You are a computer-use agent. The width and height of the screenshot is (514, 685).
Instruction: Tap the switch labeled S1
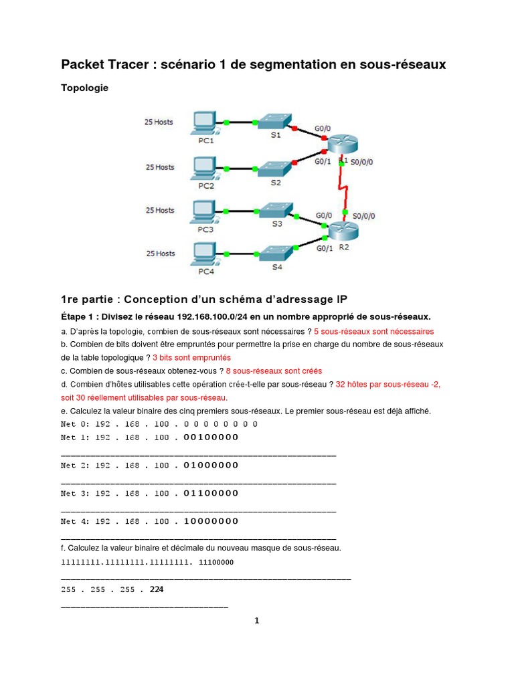(x=275, y=121)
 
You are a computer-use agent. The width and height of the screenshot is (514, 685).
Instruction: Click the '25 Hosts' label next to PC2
(x=160, y=167)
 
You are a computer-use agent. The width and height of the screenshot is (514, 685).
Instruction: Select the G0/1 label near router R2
(x=325, y=247)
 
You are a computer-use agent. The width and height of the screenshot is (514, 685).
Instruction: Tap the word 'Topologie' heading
(x=84, y=88)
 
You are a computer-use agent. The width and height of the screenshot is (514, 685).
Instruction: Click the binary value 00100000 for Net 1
(x=211, y=437)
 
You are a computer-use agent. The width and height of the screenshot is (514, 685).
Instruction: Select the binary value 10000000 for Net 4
(x=211, y=521)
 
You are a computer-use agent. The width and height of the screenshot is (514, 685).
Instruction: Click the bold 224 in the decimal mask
(x=157, y=590)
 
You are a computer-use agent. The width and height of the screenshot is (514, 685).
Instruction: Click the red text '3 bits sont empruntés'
(x=191, y=358)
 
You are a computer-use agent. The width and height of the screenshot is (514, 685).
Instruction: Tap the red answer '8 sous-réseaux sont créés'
(x=274, y=371)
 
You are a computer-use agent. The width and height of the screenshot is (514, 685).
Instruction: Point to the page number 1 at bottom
(x=256, y=621)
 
